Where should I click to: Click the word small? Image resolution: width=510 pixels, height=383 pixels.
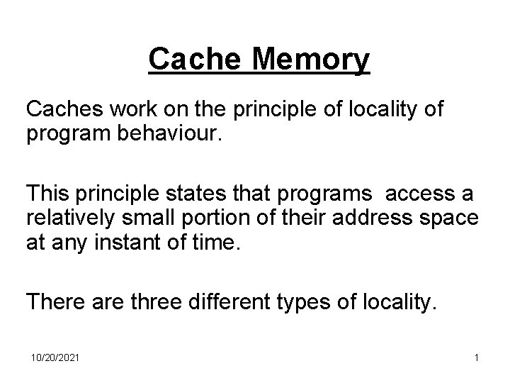coord(149,218)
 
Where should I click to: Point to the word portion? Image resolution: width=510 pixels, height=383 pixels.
coord(207,218)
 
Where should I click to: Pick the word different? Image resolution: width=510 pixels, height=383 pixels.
coord(232,303)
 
